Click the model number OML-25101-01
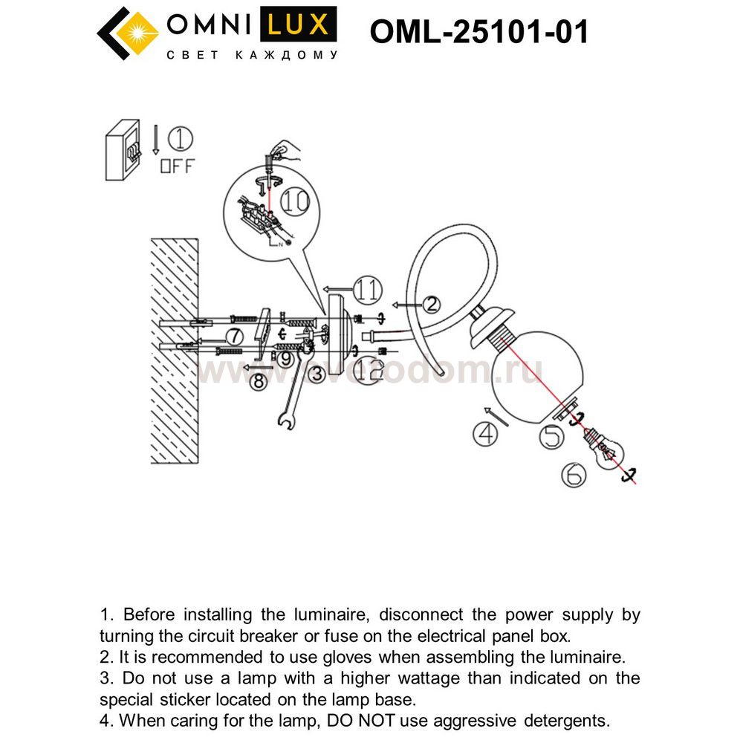[x=479, y=32]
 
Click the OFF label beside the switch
[x=176, y=166]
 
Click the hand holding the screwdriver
[x=284, y=153]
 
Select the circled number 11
[x=367, y=288]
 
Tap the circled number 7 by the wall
[x=232, y=334]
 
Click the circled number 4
[x=486, y=433]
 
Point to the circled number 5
[x=553, y=436]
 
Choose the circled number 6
[x=574, y=474]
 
